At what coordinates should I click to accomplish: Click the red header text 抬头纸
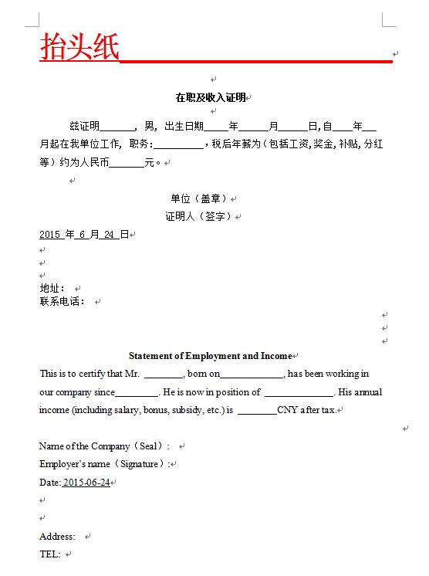(79, 46)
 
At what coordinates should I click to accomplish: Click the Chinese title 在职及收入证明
(210, 97)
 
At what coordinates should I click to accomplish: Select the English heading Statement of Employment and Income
(210, 356)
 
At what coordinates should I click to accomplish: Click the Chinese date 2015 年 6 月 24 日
(83, 234)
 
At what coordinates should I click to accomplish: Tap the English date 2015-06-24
(86, 483)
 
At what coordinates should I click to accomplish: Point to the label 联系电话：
(62, 301)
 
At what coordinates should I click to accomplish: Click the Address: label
(57, 537)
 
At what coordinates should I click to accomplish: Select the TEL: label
(49, 554)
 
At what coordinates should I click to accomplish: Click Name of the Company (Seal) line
(103, 446)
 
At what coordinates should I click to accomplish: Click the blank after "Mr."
(163, 374)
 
